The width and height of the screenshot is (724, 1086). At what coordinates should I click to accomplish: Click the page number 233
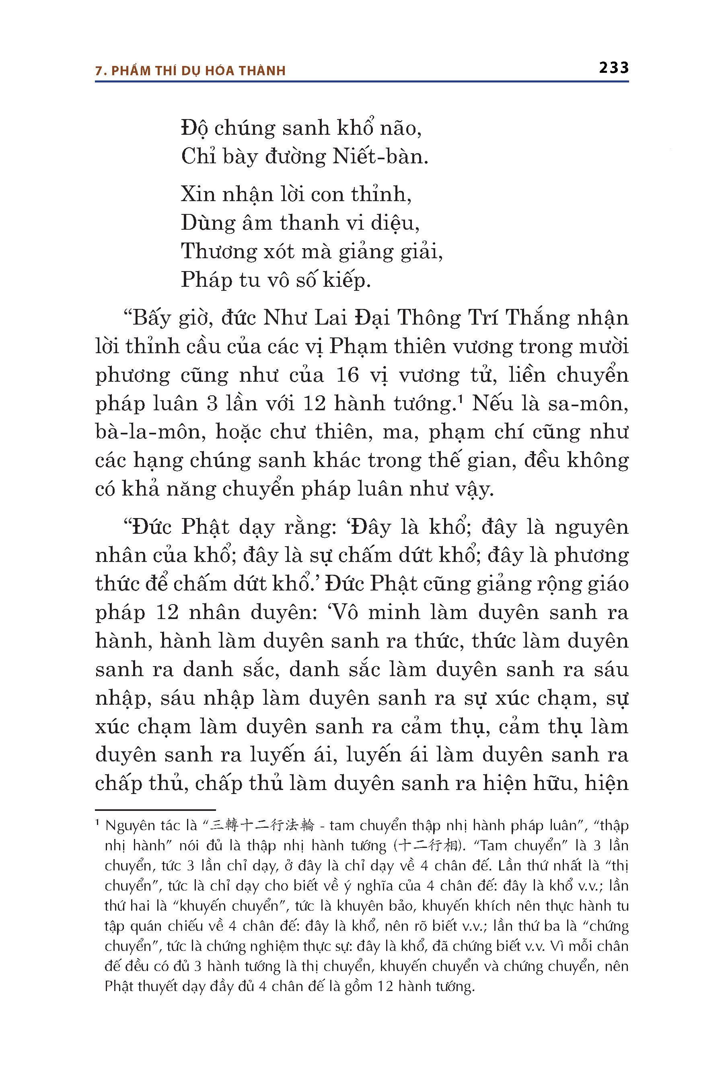614,68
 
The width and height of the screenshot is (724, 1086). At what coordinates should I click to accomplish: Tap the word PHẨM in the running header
131,71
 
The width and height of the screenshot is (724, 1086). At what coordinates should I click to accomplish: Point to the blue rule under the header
362,82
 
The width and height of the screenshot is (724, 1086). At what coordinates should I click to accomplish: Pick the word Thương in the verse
218,252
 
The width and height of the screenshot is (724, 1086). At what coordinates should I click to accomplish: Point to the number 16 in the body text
347,375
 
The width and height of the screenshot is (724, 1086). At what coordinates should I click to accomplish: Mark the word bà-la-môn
150,432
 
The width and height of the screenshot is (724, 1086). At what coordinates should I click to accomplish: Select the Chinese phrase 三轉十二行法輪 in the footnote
262,825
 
